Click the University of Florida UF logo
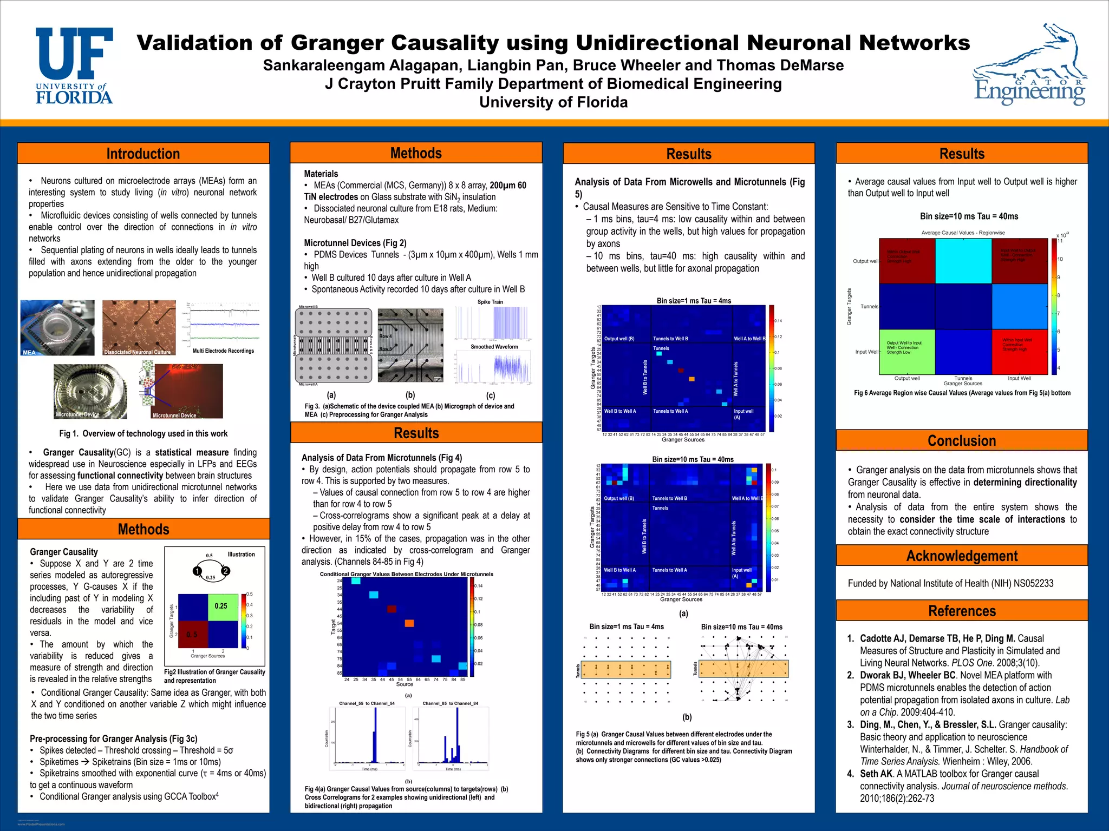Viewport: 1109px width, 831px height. (74, 65)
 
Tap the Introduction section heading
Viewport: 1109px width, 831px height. (143, 154)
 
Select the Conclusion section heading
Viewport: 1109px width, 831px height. (962, 440)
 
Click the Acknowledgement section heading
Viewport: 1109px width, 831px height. (962, 556)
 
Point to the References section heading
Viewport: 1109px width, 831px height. (962, 611)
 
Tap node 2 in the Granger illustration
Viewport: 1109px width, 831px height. (226, 571)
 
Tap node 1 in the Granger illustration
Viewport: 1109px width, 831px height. (198, 571)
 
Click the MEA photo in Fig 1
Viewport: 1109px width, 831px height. (57, 328)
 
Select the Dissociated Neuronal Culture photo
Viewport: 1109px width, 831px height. (139, 328)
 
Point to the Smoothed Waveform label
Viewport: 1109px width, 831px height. (494, 347)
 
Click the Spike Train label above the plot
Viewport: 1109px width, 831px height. (490, 302)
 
